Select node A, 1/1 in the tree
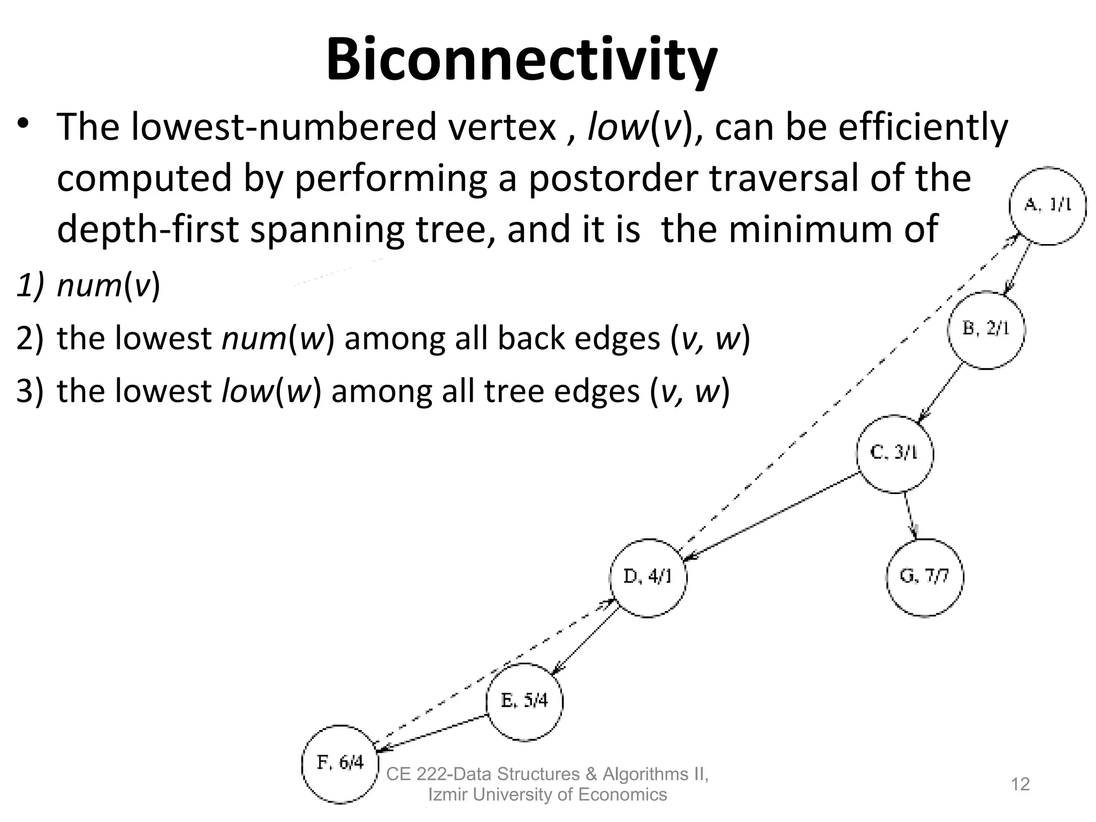1047,205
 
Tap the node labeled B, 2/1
986,330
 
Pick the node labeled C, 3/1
895,453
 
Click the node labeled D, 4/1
648,577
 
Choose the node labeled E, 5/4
524,701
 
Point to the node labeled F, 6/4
340,763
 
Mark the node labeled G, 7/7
924,577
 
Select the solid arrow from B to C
940,392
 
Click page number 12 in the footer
1020,784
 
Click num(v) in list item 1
108,285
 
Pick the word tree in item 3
514,391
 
